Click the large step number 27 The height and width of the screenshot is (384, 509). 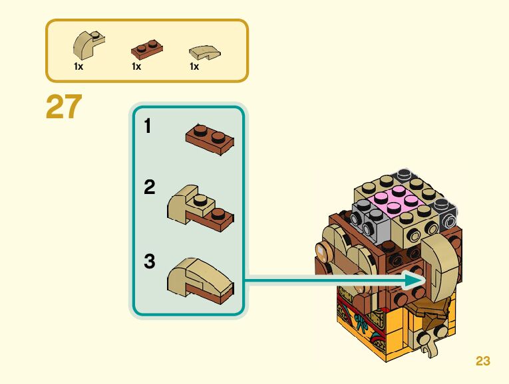click(x=64, y=107)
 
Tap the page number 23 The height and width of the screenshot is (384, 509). click(x=483, y=361)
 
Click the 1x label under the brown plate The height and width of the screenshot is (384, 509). click(x=136, y=66)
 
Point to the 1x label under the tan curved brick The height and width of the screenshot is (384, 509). click(x=79, y=66)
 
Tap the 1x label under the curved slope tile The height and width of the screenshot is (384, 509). click(x=194, y=66)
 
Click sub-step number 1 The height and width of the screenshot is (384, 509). click(x=149, y=126)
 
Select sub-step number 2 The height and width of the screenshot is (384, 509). click(x=150, y=188)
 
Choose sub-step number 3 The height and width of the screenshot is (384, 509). click(x=150, y=262)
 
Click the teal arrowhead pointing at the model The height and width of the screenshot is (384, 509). click(x=417, y=281)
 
